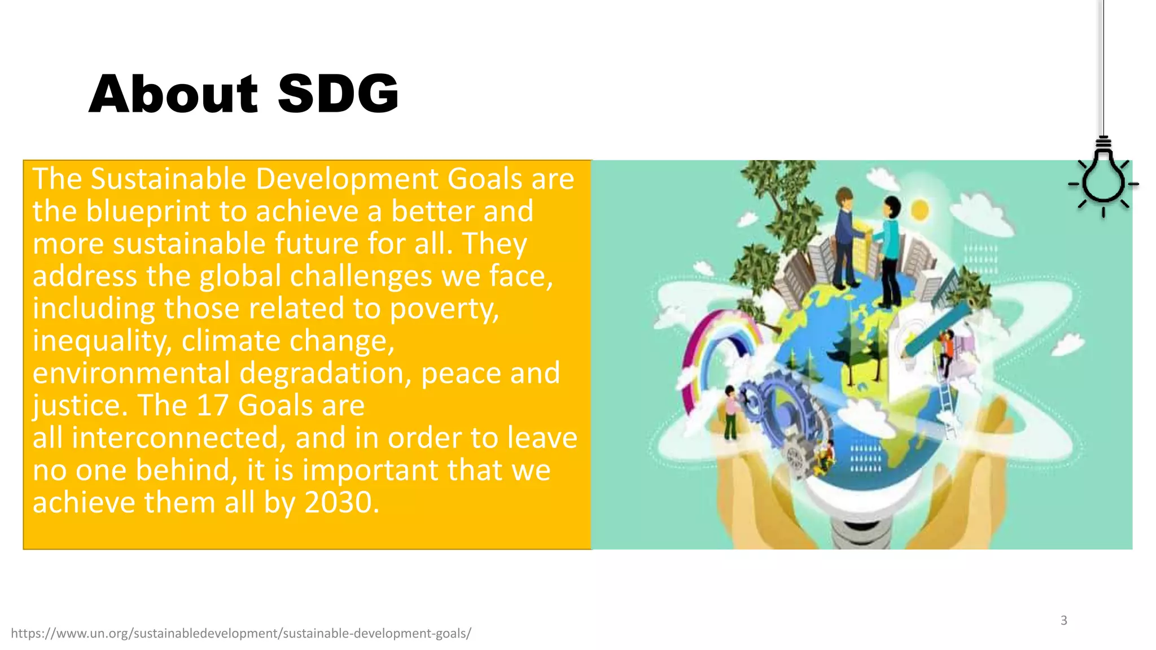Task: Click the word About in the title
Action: (x=173, y=94)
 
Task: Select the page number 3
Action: (x=1063, y=620)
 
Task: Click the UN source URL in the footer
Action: (x=241, y=633)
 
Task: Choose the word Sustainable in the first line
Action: (x=168, y=179)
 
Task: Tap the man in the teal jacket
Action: (x=890, y=248)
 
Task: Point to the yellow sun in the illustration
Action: (x=919, y=210)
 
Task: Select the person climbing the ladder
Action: (x=946, y=353)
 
